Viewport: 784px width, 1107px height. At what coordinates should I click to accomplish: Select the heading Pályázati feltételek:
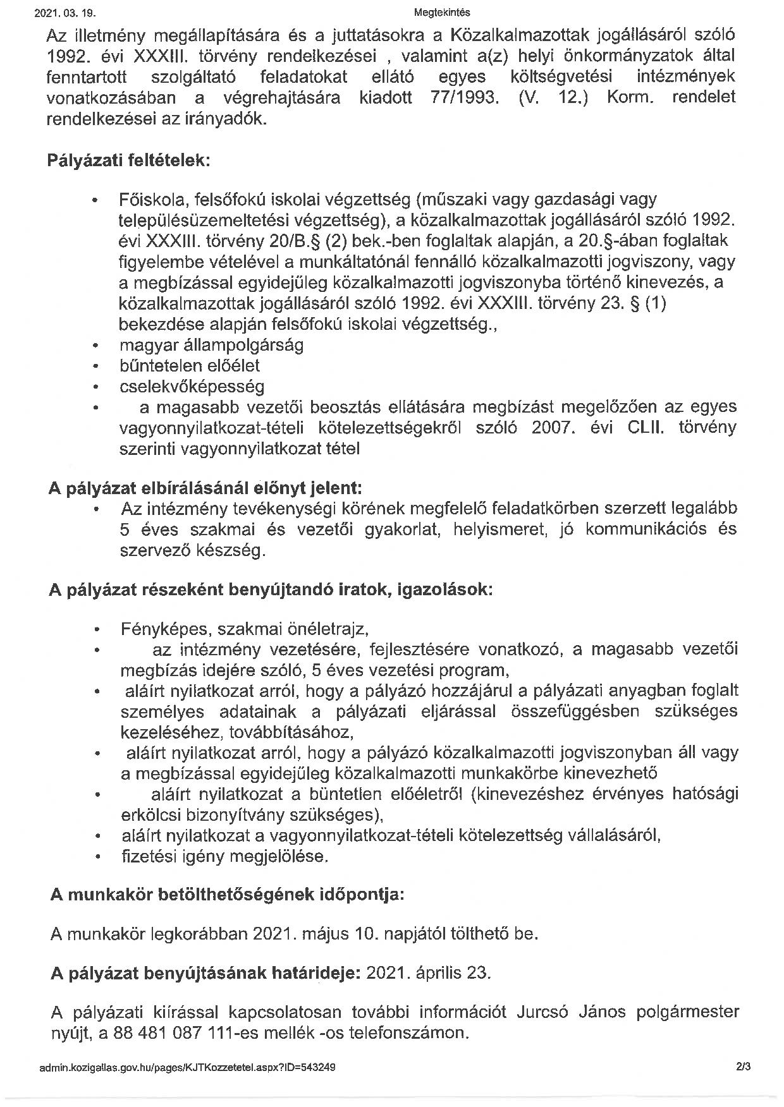pos(128,160)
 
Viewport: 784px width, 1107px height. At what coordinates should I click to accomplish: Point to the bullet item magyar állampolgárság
pos(211,345)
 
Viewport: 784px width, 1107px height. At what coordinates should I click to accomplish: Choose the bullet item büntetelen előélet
pos(189,366)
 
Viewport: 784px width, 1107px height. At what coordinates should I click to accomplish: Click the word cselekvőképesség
pos(192,386)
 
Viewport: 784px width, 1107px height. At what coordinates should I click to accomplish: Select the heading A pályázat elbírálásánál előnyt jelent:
pos(205,488)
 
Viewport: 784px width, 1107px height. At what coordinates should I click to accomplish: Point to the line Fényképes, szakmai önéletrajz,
pos(245,629)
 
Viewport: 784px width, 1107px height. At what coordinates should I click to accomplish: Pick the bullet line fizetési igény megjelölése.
pos(225,857)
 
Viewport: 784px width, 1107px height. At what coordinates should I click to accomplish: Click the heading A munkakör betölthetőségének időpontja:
pos(226,895)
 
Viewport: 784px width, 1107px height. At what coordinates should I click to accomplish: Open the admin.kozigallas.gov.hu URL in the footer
pos(187,1067)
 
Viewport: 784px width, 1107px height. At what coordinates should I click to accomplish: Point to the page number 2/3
pos(743,1067)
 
